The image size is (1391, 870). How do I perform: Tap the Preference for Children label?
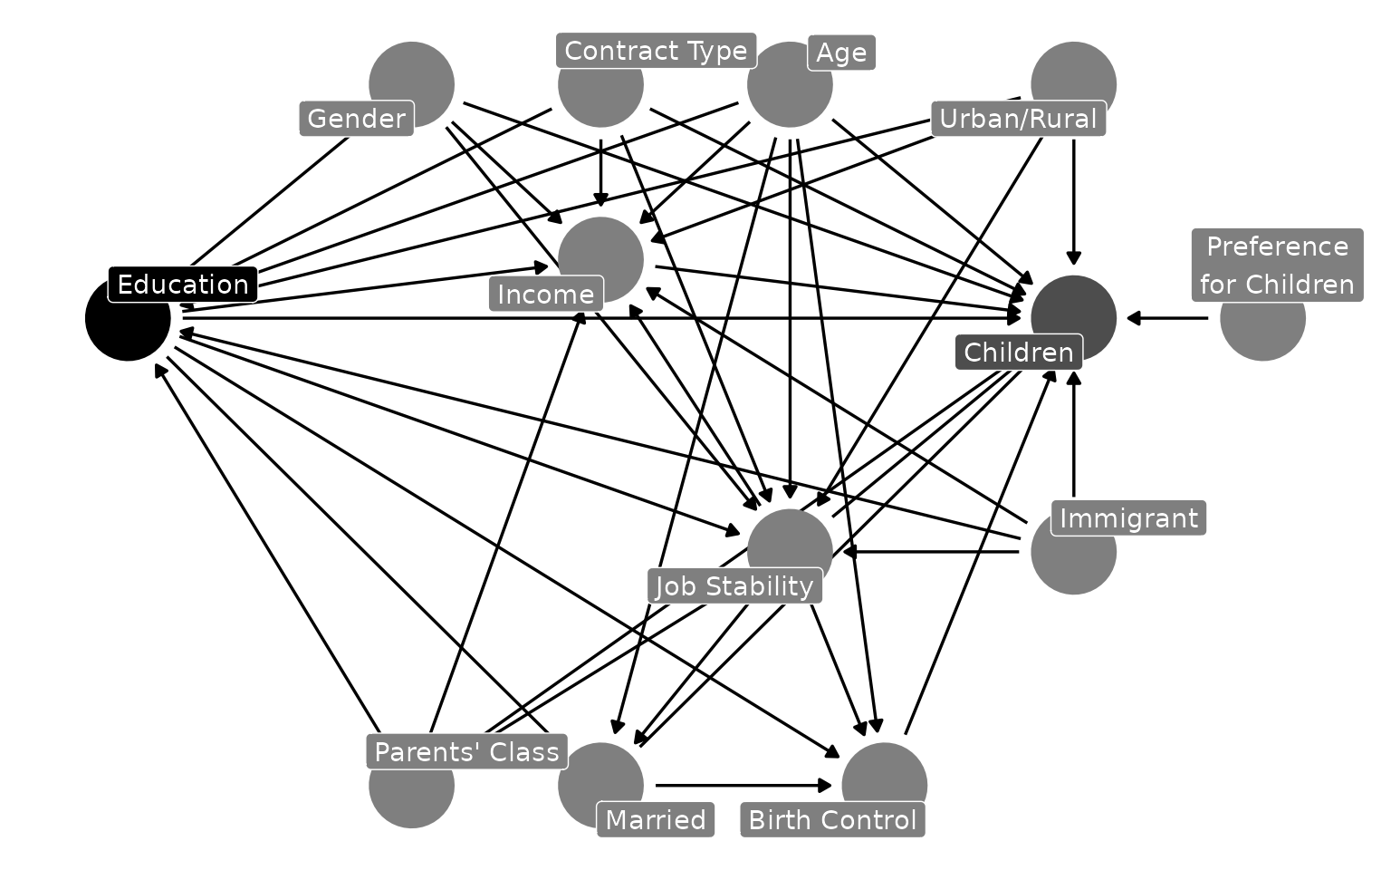(x=1276, y=265)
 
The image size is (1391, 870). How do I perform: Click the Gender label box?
(x=356, y=119)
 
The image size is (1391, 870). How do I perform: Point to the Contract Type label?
(x=656, y=51)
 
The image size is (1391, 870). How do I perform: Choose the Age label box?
(x=841, y=53)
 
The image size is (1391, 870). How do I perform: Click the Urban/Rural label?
(x=1018, y=119)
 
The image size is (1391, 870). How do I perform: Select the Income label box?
(x=545, y=295)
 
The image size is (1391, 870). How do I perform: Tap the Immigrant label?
(x=1128, y=518)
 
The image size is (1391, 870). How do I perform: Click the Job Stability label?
(x=734, y=586)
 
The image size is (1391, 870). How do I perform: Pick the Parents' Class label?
(x=466, y=752)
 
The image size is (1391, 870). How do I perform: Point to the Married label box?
(x=656, y=820)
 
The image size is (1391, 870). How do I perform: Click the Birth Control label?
(x=832, y=820)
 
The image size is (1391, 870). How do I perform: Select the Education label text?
(x=183, y=285)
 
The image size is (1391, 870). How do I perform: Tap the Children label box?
(x=1018, y=353)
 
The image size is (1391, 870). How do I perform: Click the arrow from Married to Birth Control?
(x=743, y=786)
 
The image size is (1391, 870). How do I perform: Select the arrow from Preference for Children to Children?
(x=1167, y=318)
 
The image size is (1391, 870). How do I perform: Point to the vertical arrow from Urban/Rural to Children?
(x=1074, y=199)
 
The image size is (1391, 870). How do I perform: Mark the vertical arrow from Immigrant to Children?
(x=1074, y=435)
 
